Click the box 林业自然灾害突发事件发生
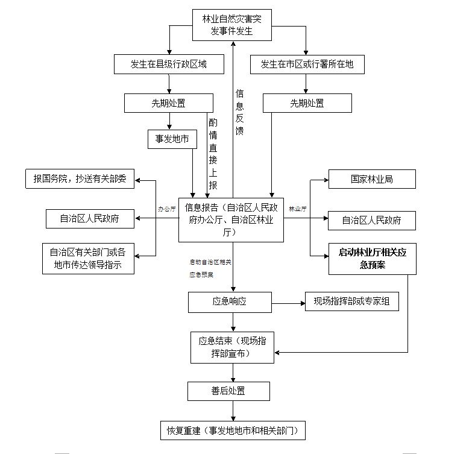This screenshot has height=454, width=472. click(232, 26)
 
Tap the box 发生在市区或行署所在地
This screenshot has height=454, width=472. click(307, 64)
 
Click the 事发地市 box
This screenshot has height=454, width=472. click(172, 139)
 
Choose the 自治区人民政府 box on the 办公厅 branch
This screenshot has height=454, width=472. click(89, 219)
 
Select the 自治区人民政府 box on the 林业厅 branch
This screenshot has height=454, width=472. click(372, 220)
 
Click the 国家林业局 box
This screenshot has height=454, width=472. click(372, 180)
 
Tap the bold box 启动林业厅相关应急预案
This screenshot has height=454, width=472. click(373, 259)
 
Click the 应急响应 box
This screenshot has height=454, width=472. click(230, 301)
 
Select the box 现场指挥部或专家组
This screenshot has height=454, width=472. click(352, 301)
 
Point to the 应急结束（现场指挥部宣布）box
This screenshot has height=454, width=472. click(232, 347)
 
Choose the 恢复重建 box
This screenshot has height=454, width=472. click(232, 430)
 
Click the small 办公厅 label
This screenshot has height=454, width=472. click(167, 209)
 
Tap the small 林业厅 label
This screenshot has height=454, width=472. click(298, 209)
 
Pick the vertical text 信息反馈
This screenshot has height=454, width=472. click(239, 112)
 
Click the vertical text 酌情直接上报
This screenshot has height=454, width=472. click(213, 153)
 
